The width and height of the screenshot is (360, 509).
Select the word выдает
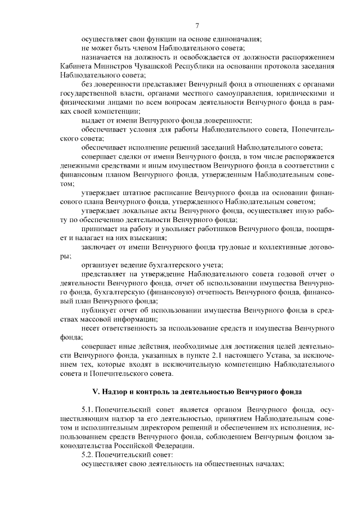pos(92,121)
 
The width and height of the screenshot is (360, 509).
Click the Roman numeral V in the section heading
pos(95,391)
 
